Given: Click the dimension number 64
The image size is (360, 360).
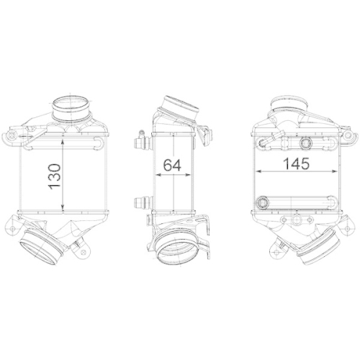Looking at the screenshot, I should (171, 164).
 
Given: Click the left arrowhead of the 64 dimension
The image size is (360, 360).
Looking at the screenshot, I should (158, 174).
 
